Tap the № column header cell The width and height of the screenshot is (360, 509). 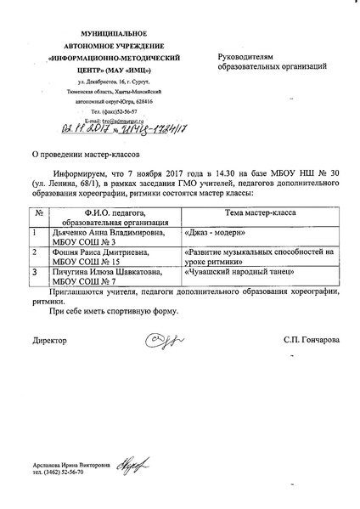pyautogui.click(x=38, y=215)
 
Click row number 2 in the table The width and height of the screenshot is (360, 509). pyautogui.click(x=34, y=252)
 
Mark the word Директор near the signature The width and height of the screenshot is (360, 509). pyautogui.click(x=49, y=340)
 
